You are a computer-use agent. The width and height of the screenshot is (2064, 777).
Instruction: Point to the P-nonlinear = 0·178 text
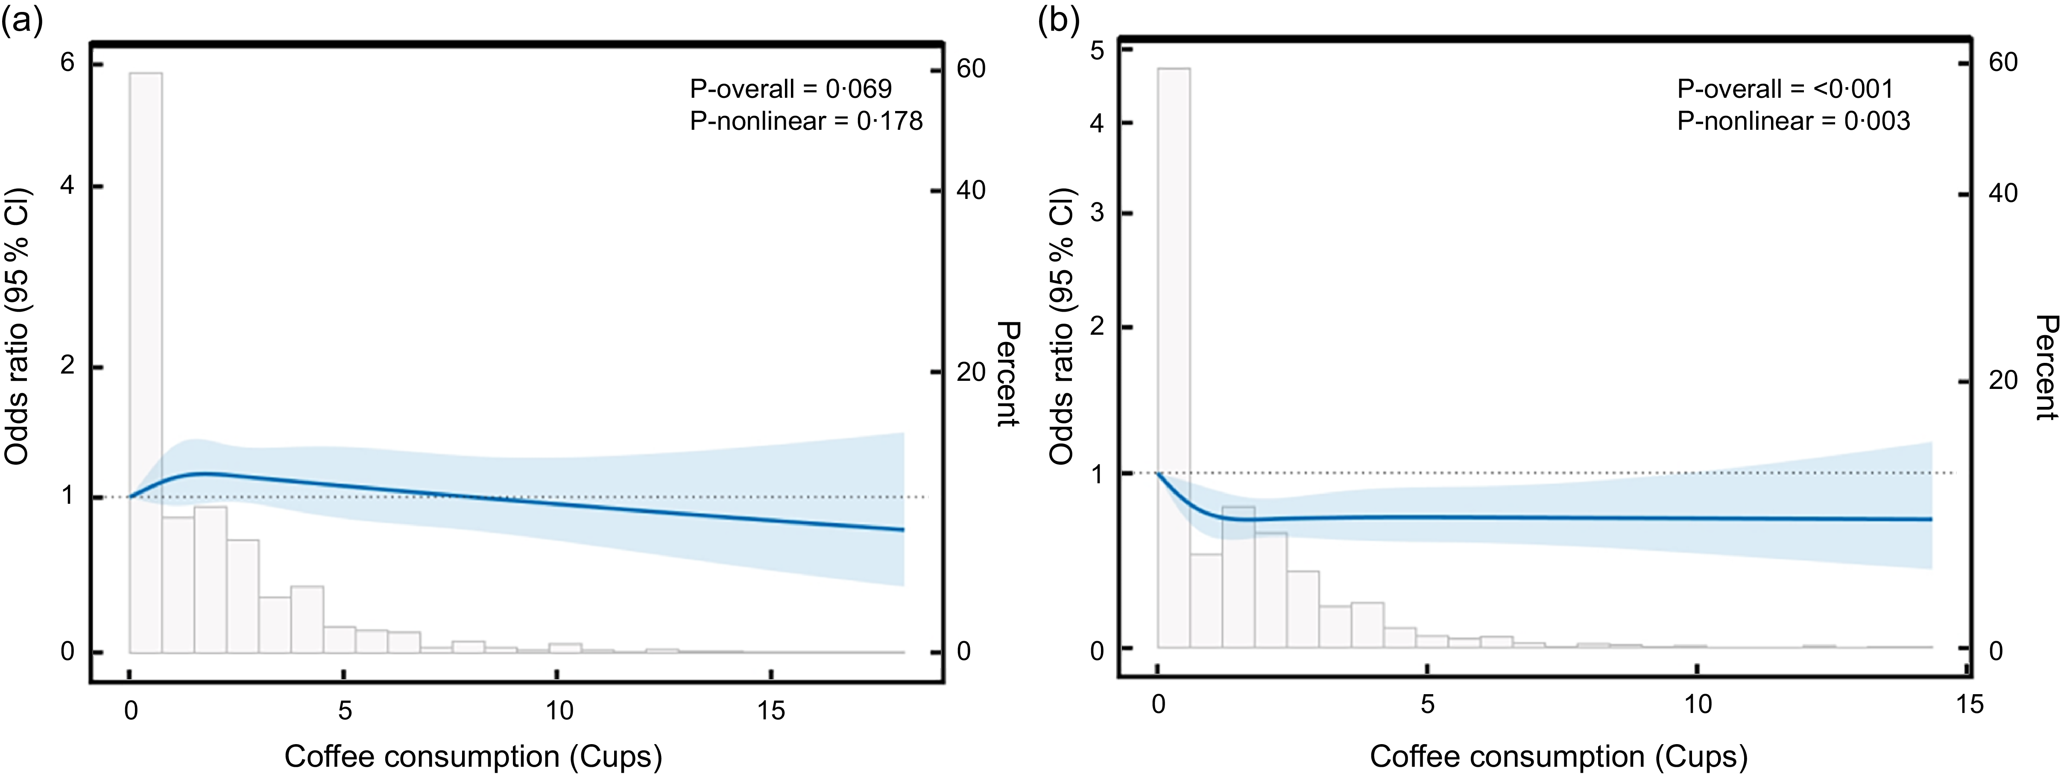(805, 121)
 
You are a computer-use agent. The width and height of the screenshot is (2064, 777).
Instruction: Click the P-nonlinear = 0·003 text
(1793, 121)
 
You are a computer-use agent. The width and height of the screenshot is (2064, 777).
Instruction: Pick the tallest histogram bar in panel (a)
(146, 360)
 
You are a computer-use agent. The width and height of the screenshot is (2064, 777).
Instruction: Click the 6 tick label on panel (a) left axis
(67, 62)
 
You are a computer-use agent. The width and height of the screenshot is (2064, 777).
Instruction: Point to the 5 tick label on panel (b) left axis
(1097, 50)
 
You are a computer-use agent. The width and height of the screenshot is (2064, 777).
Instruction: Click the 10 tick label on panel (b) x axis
(1697, 704)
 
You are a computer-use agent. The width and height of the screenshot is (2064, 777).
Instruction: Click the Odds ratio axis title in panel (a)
(18, 327)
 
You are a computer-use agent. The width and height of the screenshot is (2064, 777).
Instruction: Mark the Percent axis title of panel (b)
(2046, 368)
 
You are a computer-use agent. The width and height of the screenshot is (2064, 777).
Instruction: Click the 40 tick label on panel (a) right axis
(970, 191)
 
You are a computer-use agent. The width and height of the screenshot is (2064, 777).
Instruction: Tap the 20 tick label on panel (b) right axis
(2003, 380)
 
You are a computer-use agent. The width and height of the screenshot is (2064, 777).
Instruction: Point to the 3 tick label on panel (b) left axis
(1097, 213)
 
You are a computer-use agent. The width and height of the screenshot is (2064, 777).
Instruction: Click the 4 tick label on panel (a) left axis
(67, 186)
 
